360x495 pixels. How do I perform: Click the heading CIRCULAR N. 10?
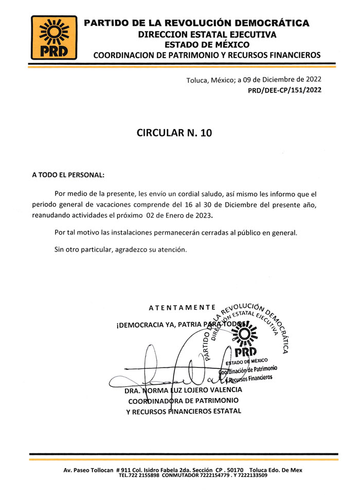[174, 132]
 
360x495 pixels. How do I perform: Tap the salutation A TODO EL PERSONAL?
[68, 175]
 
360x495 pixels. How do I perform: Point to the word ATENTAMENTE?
[182, 308]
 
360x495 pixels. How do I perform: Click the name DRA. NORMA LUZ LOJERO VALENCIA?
[184, 390]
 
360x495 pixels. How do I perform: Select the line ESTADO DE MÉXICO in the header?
[207, 45]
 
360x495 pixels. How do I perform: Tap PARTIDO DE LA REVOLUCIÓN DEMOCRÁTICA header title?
[196, 23]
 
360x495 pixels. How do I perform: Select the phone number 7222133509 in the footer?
[249, 475]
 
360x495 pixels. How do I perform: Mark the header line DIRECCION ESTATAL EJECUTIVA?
[207, 34]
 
